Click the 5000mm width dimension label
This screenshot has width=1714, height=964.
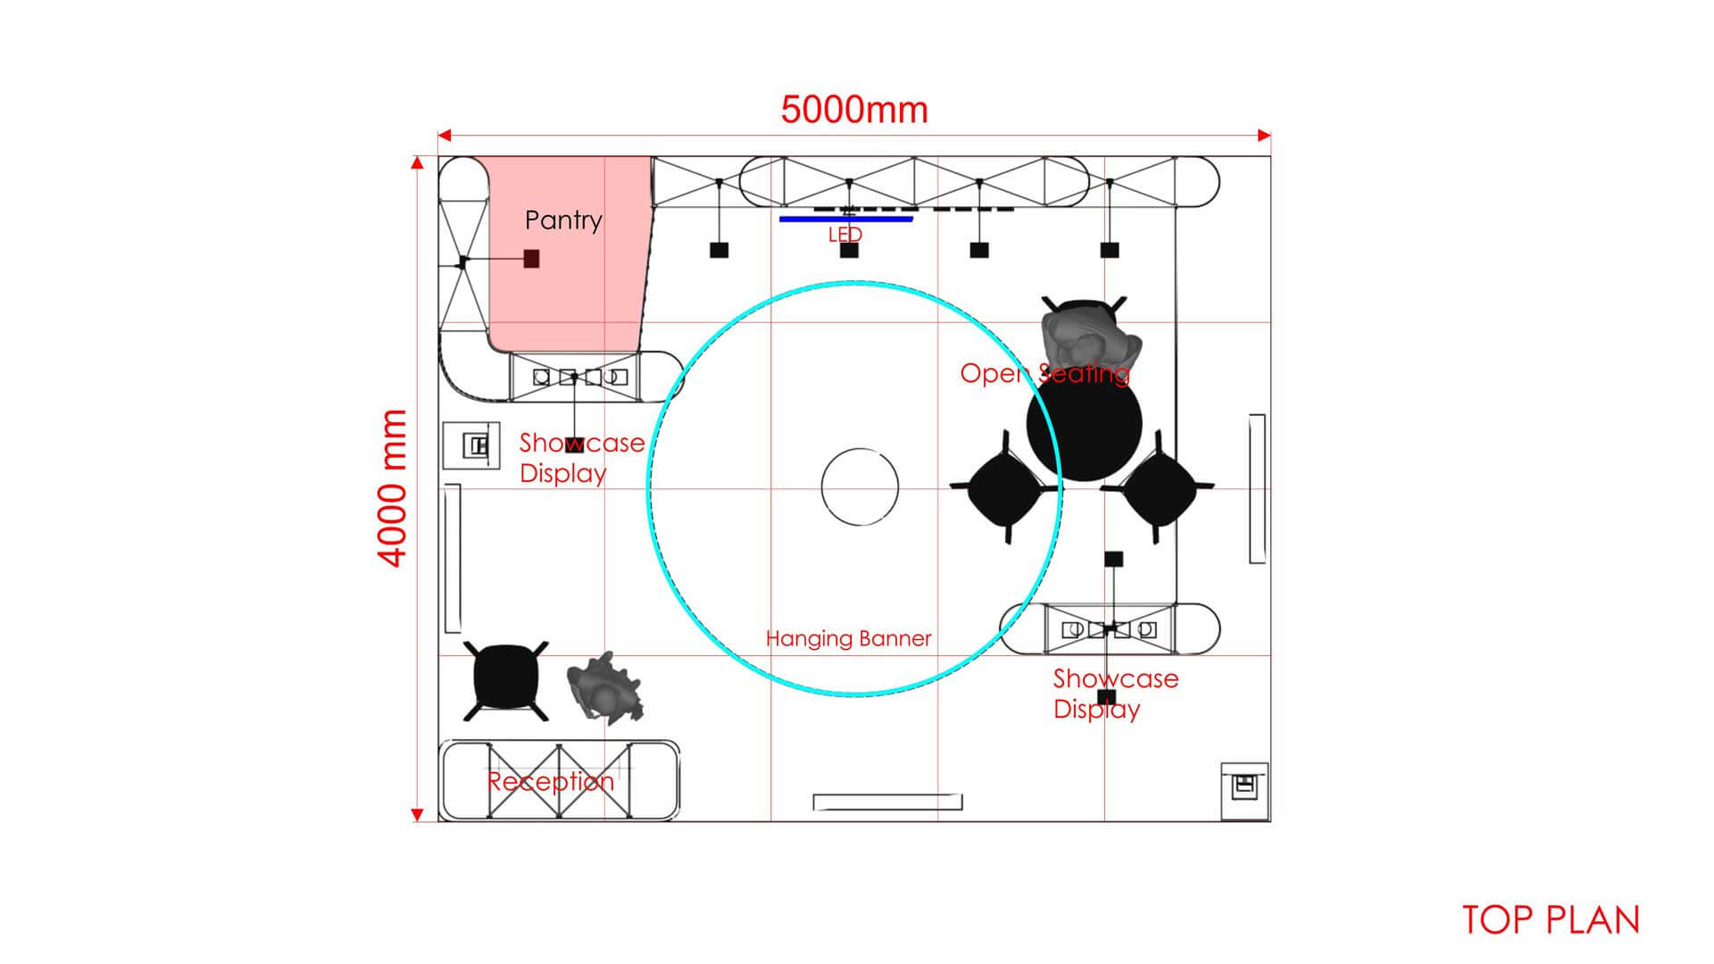click(854, 110)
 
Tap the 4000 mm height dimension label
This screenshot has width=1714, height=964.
click(393, 488)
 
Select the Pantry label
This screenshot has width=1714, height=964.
click(563, 220)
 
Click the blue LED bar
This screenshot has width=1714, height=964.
click(846, 219)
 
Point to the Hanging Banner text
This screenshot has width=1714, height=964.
click(848, 639)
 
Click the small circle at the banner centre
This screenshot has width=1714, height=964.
click(860, 486)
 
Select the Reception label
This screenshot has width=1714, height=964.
click(551, 782)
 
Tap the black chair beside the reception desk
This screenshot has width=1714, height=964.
click(505, 681)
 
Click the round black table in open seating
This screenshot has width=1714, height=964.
click(1085, 426)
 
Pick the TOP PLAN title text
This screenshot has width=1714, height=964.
click(1552, 920)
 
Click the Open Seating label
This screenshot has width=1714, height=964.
click(1044, 373)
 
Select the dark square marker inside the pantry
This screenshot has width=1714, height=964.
click(531, 259)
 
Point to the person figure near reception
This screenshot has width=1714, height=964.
click(605, 687)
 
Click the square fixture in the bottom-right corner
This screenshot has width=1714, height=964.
click(1244, 791)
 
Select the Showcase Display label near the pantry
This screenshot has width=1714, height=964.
click(582, 458)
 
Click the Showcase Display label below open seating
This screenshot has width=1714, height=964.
click(1116, 694)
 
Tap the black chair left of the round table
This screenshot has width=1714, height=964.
click(1004, 487)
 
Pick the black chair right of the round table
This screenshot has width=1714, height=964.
click(1158, 487)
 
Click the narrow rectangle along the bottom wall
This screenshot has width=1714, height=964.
click(888, 802)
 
